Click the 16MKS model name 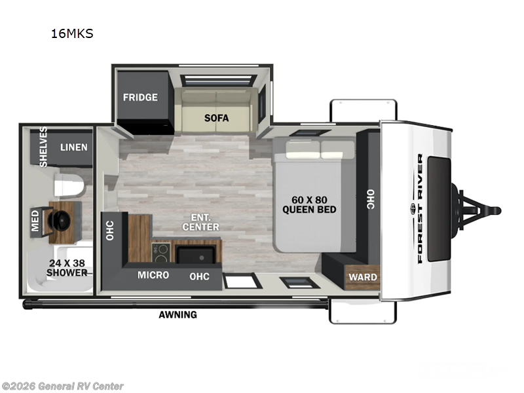[x=72, y=34]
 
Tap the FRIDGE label [x=141, y=98]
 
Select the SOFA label [x=216, y=118]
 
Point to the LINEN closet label [x=74, y=147]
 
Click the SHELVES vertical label [x=43, y=147]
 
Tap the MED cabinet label [x=35, y=221]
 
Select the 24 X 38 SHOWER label [x=67, y=267]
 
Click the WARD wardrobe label [x=363, y=277]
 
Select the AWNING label [x=178, y=314]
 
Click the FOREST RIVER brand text [x=420, y=208]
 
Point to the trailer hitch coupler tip [x=498, y=210]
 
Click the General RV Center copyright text [x=62, y=386]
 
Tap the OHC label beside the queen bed [x=370, y=198]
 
